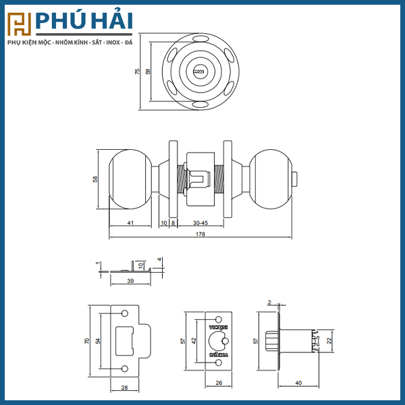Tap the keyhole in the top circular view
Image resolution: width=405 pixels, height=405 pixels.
coord(199,70)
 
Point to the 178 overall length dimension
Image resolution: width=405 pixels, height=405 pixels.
coord(200,234)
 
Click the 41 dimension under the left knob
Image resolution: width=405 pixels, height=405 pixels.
coord(130,222)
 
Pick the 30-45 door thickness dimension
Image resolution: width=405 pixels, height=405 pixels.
coord(200,222)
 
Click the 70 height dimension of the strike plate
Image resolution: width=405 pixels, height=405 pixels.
coord(87,342)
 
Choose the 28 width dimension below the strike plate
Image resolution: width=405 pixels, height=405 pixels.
coord(126,387)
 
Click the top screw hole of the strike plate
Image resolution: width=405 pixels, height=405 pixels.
coord(125,314)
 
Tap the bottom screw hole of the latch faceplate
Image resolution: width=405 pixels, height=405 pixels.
coord(217,362)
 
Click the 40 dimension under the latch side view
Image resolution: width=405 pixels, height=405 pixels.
coord(298,383)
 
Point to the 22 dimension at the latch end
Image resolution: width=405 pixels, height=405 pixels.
coord(329,340)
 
